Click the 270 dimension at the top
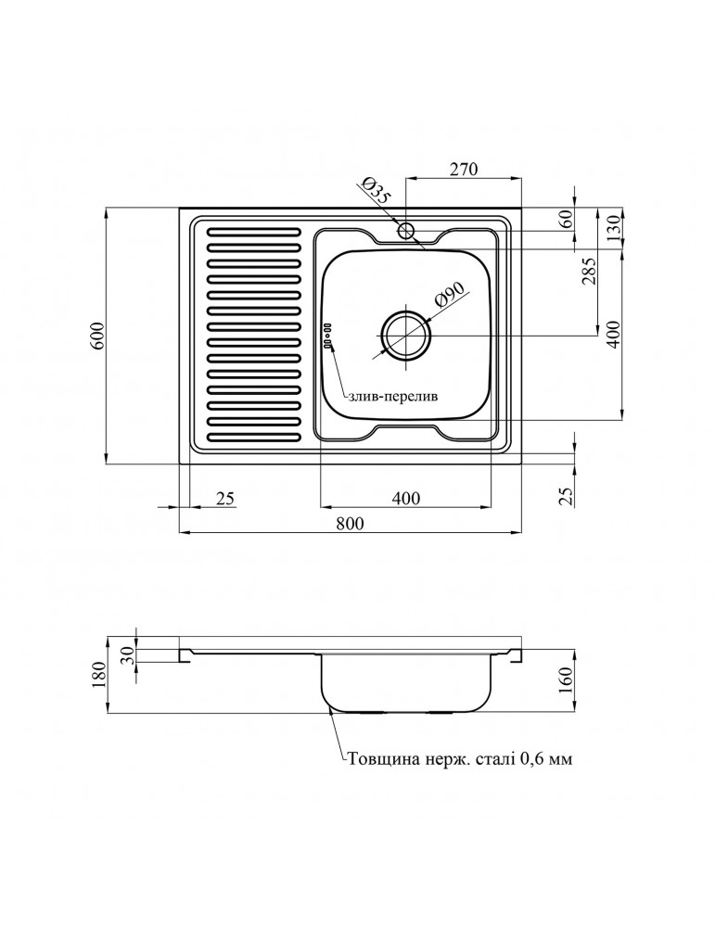pyautogui.click(x=463, y=169)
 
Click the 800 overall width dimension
pyautogui.click(x=351, y=523)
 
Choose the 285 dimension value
pyautogui.click(x=589, y=271)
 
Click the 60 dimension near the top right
pyautogui.click(x=566, y=220)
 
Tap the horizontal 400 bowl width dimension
pyautogui.click(x=405, y=499)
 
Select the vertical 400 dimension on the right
pyautogui.click(x=613, y=334)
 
